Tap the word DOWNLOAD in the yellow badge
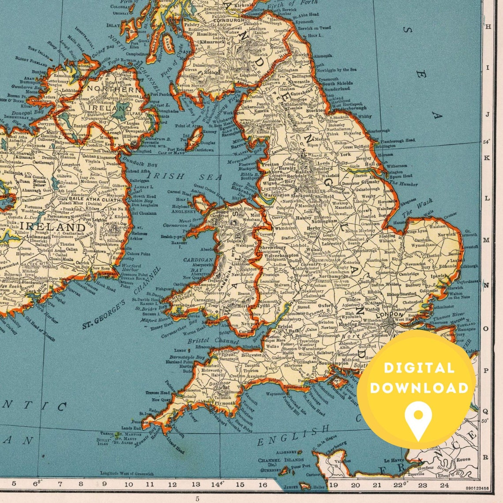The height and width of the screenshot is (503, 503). tap(419, 388)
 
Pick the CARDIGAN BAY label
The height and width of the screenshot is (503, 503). tap(198, 263)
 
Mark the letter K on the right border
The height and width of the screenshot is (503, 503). tap(487, 157)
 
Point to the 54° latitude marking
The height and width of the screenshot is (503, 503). tap(487, 142)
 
